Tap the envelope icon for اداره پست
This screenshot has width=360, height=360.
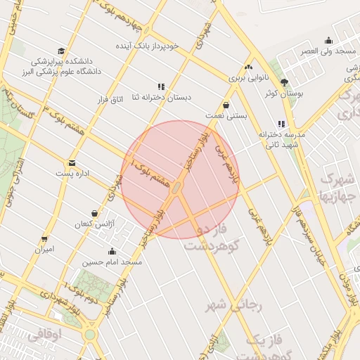[x=72, y=162]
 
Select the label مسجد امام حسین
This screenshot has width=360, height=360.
[x=112, y=262]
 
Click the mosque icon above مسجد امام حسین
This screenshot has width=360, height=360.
[x=112, y=251]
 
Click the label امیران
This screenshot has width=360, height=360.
[x=45, y=249]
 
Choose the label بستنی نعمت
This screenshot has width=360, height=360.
[x=226, y=115]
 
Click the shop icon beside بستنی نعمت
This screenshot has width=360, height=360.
[x=226, y=105]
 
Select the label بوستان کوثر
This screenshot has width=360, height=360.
[x=285, y=94]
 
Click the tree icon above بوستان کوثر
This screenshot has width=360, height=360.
[x=285, y=83]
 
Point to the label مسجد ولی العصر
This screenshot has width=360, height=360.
[x=328, y=51]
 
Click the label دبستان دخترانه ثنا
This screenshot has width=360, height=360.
[x=161, y=97]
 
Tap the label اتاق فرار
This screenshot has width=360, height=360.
[x=109, y=100]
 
